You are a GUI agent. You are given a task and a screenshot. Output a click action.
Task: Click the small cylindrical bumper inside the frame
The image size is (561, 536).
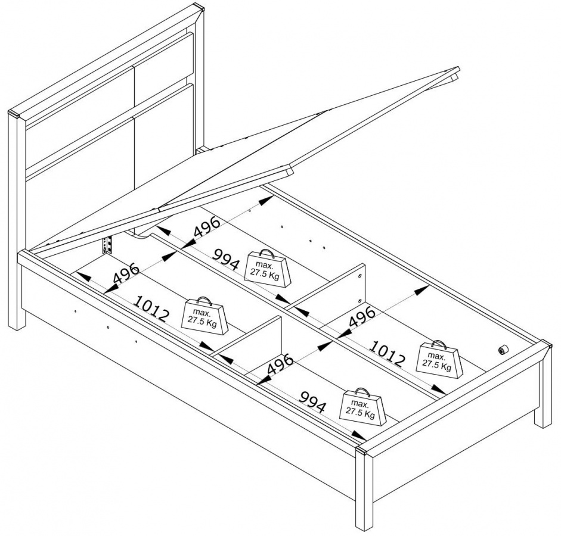click(503, 350)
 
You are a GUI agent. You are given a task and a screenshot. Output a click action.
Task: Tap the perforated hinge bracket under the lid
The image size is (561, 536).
click(107, 245)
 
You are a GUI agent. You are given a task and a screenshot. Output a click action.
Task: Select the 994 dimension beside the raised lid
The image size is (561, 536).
click(225, 260)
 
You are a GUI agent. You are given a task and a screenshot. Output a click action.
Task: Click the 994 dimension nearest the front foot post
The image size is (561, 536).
click(313, 402)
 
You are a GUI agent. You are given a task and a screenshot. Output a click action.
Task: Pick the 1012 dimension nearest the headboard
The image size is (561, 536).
click(151, 309)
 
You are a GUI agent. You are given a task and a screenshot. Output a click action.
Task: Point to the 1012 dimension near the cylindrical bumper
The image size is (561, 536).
click(388, 354)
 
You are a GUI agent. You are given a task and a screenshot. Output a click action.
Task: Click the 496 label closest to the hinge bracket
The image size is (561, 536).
click(126, 273)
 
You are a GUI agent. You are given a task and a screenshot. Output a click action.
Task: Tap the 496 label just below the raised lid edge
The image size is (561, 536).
click(207, 227)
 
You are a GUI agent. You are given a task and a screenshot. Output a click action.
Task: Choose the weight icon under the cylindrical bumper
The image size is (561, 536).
click(439, 359)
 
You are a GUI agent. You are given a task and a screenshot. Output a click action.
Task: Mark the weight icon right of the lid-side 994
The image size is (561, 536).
click(267, 268)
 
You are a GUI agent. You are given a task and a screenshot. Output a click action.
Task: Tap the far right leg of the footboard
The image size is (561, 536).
click(543, 385)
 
